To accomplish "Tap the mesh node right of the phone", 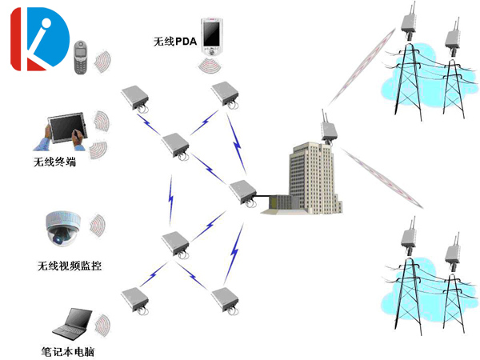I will (134, 98).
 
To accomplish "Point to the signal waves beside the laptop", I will (102, 323).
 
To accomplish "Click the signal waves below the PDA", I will (211, 64).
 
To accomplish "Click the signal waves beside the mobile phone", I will (102, 61).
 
